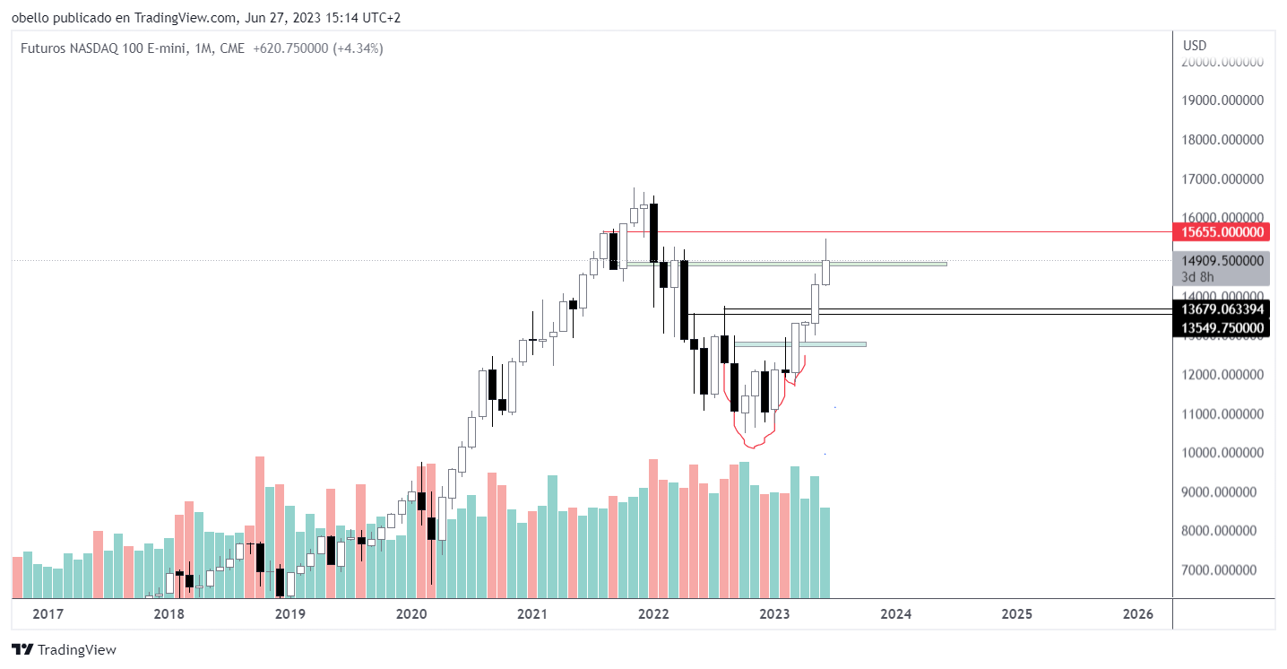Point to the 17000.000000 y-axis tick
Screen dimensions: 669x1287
click(1224, 179)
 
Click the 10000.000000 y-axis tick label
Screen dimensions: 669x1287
click(1224, 453)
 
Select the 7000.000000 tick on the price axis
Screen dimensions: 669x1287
click(1224, 570)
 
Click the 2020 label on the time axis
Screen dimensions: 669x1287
click(411, 614)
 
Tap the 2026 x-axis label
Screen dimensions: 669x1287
click(1138, 614)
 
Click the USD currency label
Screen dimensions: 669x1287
click(1195, 46)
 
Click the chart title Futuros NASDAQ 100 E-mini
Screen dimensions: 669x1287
click(102, 48)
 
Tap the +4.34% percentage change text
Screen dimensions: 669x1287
click(358, 48)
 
